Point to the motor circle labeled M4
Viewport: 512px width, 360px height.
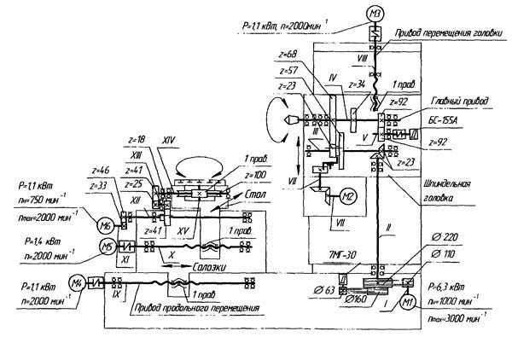pos(76,282)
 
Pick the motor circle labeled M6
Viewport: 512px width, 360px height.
pos(107,224)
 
